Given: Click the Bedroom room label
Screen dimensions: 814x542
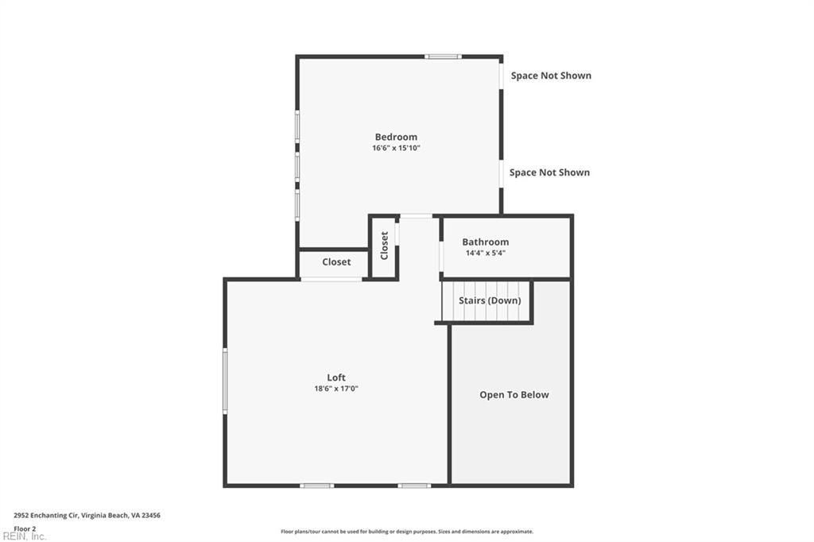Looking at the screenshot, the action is tap(396, 137).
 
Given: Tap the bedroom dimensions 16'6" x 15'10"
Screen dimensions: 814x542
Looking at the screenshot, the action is tap(396, 148).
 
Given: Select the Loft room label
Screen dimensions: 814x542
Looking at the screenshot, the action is tap(336, 377).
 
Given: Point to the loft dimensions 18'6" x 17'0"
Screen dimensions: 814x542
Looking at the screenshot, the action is tap(336, 389).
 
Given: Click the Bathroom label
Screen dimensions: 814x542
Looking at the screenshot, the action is tap(486, 242).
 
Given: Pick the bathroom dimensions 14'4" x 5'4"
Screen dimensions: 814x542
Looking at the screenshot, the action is tap(486, 254).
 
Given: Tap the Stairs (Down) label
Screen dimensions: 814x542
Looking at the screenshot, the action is tap(490, 300).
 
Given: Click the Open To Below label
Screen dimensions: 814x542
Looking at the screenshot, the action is tap(514, 395).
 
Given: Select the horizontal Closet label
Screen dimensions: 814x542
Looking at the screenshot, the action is tap(336, 262).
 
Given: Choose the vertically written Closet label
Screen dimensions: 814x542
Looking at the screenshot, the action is tap(384, 246).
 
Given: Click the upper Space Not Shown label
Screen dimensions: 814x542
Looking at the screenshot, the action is tap(551, 75).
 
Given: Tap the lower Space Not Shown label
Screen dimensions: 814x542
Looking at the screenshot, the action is tap(549, 173).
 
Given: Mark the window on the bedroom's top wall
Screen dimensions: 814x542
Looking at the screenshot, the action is tap(443, 56).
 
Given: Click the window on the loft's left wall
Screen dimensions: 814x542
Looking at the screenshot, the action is tap(225, 381).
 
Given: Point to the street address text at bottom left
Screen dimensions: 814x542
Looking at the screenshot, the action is tap(87, 516).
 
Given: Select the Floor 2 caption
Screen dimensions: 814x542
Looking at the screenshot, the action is tap(25, 529).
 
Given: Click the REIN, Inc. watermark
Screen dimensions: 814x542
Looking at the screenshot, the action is tap(24, 536).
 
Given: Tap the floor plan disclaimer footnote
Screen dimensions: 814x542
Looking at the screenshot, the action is tap(407, 532).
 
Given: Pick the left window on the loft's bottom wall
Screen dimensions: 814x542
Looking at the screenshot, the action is tap(317, 486).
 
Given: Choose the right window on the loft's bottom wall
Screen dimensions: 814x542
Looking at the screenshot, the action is tap(414, 486).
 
